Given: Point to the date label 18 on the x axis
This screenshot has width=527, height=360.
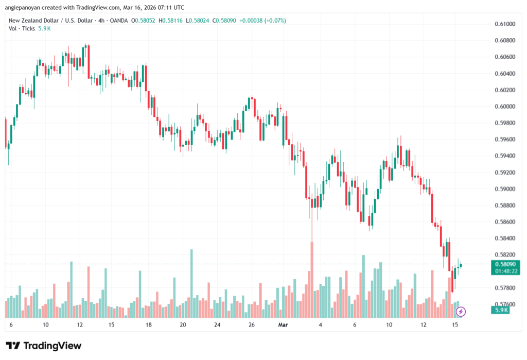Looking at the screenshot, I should [x=148, y=325].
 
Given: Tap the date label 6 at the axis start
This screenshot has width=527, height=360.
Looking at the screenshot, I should [x=11, y=325].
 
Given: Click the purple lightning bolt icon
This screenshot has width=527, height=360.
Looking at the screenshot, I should [x=461, y=312].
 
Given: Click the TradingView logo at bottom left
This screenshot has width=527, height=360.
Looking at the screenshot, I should [x=44, y=346].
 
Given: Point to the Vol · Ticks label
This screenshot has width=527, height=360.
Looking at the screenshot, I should [x=22, y=28].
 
